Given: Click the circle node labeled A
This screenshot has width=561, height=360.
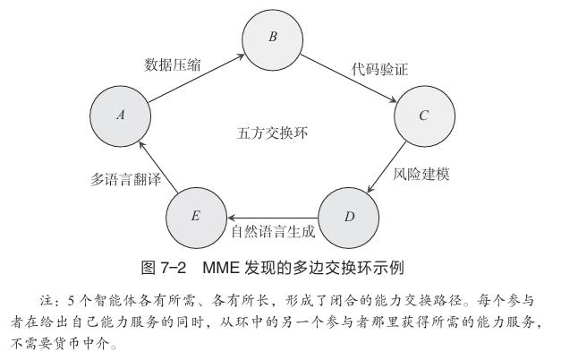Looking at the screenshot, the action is tap(120, 116).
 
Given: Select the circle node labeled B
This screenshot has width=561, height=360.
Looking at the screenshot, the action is tap(273, 39).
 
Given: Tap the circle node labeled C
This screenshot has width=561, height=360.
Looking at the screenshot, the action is tap(425, 116).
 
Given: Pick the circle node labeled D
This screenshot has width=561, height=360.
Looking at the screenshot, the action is tap(348, 218).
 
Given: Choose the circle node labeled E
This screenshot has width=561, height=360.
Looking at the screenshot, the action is tap(197, 218).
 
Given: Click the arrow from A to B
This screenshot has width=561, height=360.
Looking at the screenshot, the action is tap(197, 78).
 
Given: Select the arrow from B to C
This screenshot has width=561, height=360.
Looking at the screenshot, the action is tap(349, 78).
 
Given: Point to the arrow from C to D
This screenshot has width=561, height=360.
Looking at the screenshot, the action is tap(387, 167).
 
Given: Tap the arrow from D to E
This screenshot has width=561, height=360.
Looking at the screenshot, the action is tap(273, 218).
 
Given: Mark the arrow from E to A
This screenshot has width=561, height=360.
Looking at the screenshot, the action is tap(158, 167).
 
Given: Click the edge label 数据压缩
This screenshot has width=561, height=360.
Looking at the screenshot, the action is tap(173, 65).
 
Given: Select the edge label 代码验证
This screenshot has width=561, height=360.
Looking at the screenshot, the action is tap(379, 69).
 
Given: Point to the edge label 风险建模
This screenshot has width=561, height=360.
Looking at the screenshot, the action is tap(421, 175).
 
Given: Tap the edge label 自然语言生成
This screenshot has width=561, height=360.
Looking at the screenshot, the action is tap(273, 231).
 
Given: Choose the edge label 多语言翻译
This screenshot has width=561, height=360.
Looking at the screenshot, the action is tap(125, 179).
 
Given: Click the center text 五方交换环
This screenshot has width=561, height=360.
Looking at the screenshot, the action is tap(272, 133).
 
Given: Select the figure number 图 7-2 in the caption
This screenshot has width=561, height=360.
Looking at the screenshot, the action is tap(164, 268).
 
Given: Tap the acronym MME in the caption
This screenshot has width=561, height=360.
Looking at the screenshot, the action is tap(221, 268).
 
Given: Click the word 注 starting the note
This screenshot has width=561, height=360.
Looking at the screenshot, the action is tap(47, 300).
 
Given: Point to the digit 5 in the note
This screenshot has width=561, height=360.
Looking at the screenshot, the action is tap(71, 301).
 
